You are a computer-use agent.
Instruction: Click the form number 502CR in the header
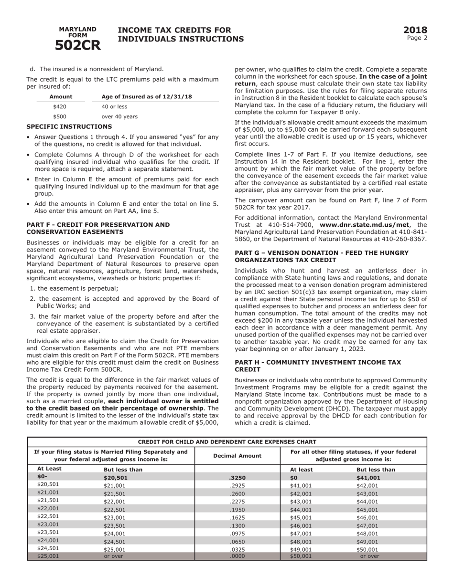point(77,45)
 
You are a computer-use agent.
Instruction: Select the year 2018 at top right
point(415,31)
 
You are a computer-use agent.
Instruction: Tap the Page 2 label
point(417,38)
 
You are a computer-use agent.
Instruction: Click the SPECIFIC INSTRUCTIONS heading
point(69,126)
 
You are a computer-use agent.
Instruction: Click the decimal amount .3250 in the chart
point(237,477)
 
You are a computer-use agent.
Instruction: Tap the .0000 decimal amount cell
point(237,556)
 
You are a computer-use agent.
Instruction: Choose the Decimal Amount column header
point(237,456)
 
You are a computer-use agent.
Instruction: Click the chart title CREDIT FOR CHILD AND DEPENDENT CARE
point(227,441)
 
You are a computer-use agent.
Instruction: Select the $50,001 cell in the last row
point(301,556)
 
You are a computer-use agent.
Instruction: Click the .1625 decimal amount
point(237,517)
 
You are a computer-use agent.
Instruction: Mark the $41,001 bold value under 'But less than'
point(368,477)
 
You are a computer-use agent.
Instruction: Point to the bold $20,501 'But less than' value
point(116,477)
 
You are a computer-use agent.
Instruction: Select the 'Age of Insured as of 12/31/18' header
point(147,97)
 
